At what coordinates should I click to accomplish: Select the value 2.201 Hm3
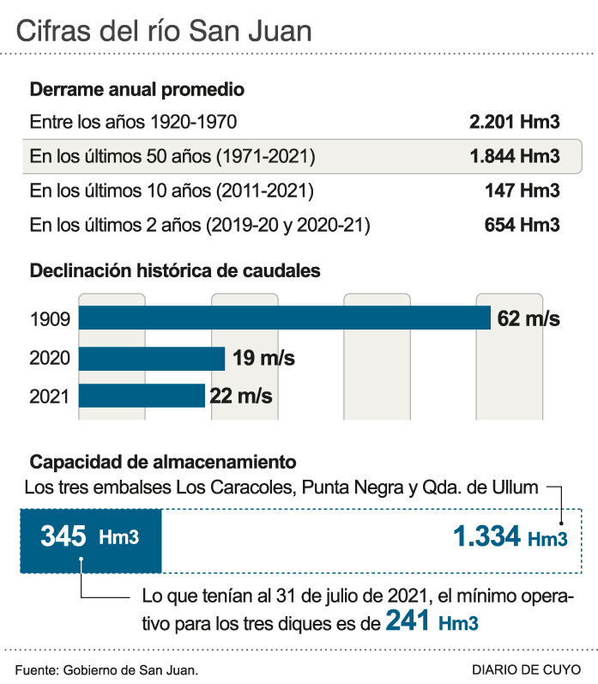coord(514,122)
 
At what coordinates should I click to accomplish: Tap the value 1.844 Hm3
coord(514,156)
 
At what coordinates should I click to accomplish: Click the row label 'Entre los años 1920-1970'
coord(133,122)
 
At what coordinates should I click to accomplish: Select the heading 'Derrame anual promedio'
coord(137,89)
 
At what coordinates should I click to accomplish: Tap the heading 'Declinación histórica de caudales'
coord(175,271)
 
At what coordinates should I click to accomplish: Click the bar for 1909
coord(284,318)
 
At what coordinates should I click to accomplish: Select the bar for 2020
coord(151,358)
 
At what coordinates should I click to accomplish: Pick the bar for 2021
coord(142,396)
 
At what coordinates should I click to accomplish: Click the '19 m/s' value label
coord(263,358)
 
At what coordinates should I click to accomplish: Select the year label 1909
coord(49,319)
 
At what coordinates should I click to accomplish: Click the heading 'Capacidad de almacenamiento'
coord(163,460)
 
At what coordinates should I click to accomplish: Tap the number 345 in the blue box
coord(63,537)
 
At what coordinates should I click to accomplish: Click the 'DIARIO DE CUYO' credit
coord(525,669)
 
